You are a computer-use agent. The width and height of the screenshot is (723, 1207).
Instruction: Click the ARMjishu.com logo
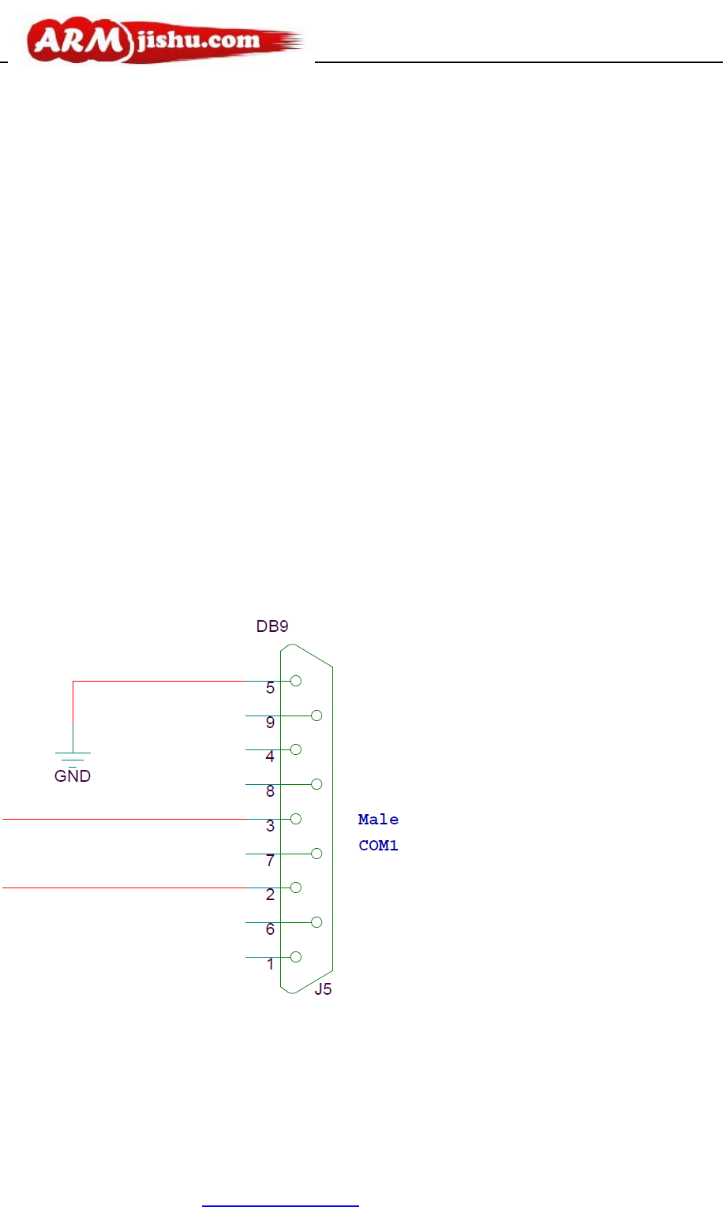point(162,42)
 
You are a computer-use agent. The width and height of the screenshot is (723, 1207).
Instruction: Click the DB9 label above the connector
point(272,626)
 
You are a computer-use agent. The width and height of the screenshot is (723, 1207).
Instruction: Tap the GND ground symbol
point(73,754)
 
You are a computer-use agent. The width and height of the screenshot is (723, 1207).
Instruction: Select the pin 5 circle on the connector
point(296,681)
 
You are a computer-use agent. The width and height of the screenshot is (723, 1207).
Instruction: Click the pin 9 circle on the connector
point(317,716)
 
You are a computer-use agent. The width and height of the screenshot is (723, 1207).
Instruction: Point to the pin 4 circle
point(296,749)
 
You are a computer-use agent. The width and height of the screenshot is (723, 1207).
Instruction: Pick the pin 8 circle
point(317,784)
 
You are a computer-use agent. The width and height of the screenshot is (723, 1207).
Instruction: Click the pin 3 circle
point(296,819)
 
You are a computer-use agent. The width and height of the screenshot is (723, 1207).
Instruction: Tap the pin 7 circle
point(317,854)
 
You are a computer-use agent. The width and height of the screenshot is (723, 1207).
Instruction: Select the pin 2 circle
point(296,887)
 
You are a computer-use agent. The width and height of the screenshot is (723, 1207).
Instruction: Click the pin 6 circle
point(317,922)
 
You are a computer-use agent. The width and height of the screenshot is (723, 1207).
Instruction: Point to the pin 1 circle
point(296,957)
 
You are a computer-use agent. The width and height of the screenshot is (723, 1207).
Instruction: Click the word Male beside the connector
point(378,820)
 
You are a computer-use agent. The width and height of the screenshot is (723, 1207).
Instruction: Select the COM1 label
point(378,846)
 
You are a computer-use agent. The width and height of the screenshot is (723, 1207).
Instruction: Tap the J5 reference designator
point(323,989)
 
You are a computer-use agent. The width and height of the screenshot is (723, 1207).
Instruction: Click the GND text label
point(73,776)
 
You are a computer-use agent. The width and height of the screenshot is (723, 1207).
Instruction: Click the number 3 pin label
point(270,826)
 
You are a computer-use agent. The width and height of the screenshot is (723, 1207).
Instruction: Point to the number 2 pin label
point(270,895)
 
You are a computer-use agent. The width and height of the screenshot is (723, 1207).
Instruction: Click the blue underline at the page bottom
point(280,1205)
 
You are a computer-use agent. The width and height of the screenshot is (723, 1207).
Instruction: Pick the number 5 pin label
point(270,688)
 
